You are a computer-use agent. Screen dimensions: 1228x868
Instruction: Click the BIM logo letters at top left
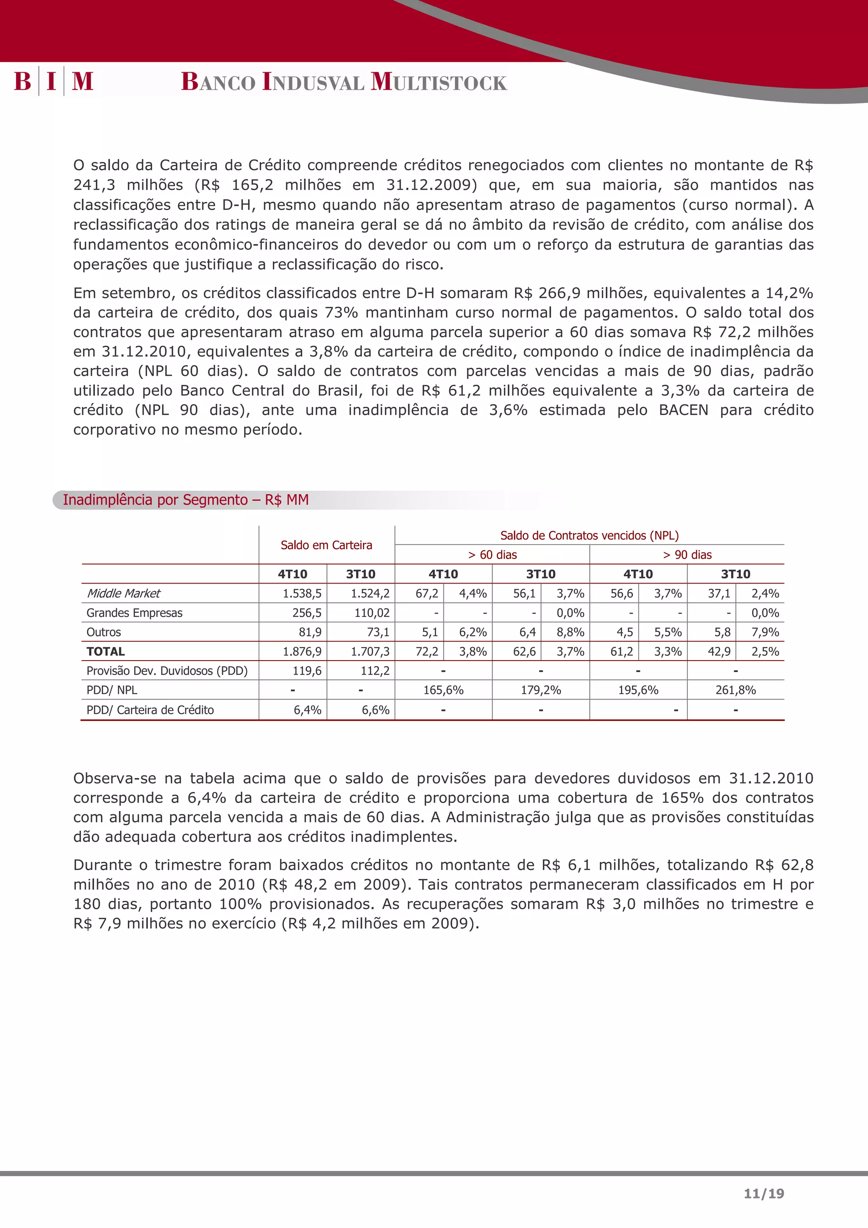pos(53,81)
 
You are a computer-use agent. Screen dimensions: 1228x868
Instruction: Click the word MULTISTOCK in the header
pos(439,82)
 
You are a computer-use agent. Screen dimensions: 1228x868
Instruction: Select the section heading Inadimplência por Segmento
pos(186,500)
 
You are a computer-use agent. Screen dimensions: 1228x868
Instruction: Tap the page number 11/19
pos(764,1193)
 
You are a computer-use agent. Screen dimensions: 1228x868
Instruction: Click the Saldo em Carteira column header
pos(326,545)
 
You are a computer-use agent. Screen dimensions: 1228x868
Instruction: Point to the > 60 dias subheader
pos(492,555)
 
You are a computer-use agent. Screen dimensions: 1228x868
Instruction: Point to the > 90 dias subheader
pos(687,555)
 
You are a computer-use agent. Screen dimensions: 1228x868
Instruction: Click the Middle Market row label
pos(123,593)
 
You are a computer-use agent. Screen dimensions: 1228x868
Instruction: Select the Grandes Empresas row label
pos(134,613)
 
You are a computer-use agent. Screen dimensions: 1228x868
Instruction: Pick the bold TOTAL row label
pos(106,651)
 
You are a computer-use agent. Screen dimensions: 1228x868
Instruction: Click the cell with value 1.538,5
pos(302,593)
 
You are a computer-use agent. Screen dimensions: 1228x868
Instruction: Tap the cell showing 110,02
pos(372,613)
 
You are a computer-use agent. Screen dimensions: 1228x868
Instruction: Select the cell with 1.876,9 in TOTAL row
pos(302,651)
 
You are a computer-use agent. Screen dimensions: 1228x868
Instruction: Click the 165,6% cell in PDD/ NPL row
pos(443,690)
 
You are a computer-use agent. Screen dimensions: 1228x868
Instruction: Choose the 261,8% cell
pos(735,690)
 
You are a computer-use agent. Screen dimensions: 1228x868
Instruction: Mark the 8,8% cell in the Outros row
pos(570,632)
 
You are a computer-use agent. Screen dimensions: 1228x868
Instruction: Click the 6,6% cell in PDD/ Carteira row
pos(376,710)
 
